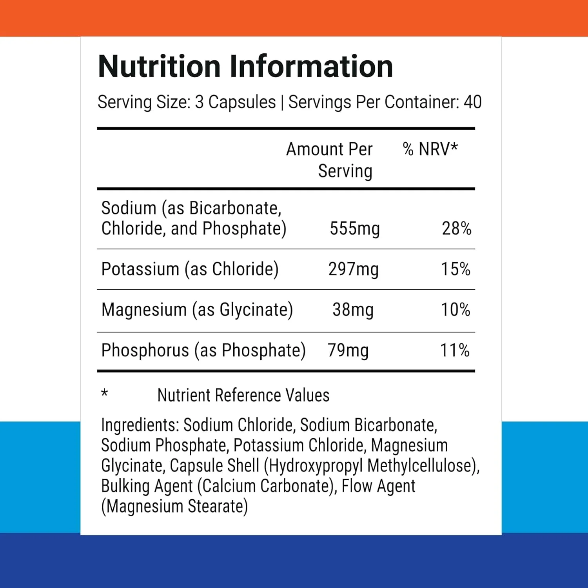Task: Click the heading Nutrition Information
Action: coord(245,67)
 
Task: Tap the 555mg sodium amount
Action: coord(354,229)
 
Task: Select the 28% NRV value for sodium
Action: coord(456,229)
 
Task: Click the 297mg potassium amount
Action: coord(353,269)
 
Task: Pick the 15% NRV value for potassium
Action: coord(456,269)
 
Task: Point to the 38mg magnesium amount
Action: coord(353,310)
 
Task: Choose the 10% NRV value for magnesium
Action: coord(456,310)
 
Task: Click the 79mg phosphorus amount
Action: coord(348,350)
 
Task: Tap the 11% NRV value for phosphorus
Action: coord(455,350)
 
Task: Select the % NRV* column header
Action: coord(430,149)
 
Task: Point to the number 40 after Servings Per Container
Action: coord(472,102)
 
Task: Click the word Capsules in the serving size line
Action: coord(242,102)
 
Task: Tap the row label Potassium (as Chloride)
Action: coord(190,269)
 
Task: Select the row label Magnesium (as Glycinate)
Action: coord(197,310)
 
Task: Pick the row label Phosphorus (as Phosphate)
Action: coord(203,350)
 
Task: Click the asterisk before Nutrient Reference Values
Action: coord(104,393)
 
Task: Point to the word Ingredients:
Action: coord(140,425)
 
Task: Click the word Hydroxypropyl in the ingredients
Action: coord(316,466)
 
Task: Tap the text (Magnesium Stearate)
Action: coord(174,506)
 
